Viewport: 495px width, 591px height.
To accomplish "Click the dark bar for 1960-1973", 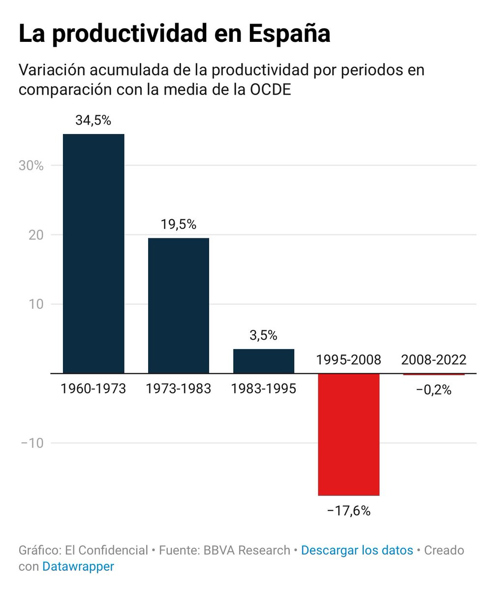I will tap(93, 253).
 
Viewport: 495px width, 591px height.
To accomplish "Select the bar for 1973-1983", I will tap(179, 305).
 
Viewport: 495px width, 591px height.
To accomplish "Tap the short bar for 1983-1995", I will tap(264, 361).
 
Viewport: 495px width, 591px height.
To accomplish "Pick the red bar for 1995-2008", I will tap(349, 434).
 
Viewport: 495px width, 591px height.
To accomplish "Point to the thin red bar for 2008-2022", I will tap(434, 374).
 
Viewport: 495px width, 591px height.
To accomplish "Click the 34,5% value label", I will tap(93, 121).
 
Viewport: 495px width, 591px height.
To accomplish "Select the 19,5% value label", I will tap(179, 225).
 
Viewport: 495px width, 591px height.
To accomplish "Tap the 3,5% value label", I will tap(264, 336).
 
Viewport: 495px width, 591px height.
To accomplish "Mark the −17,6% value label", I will tap(349, 511).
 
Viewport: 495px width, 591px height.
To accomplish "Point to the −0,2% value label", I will tap(434, 391).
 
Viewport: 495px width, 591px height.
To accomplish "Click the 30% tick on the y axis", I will tap(31, 165).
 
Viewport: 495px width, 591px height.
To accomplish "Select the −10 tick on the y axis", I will tap(32, 443).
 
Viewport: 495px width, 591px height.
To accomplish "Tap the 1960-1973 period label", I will tap(93, 389).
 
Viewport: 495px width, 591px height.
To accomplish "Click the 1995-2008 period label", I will tap(349, 360).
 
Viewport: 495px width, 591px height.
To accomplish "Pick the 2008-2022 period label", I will tap(434, 360).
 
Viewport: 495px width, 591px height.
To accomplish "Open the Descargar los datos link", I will tap(357, 550).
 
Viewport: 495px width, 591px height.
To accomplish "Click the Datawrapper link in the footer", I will tap(78, 566).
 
